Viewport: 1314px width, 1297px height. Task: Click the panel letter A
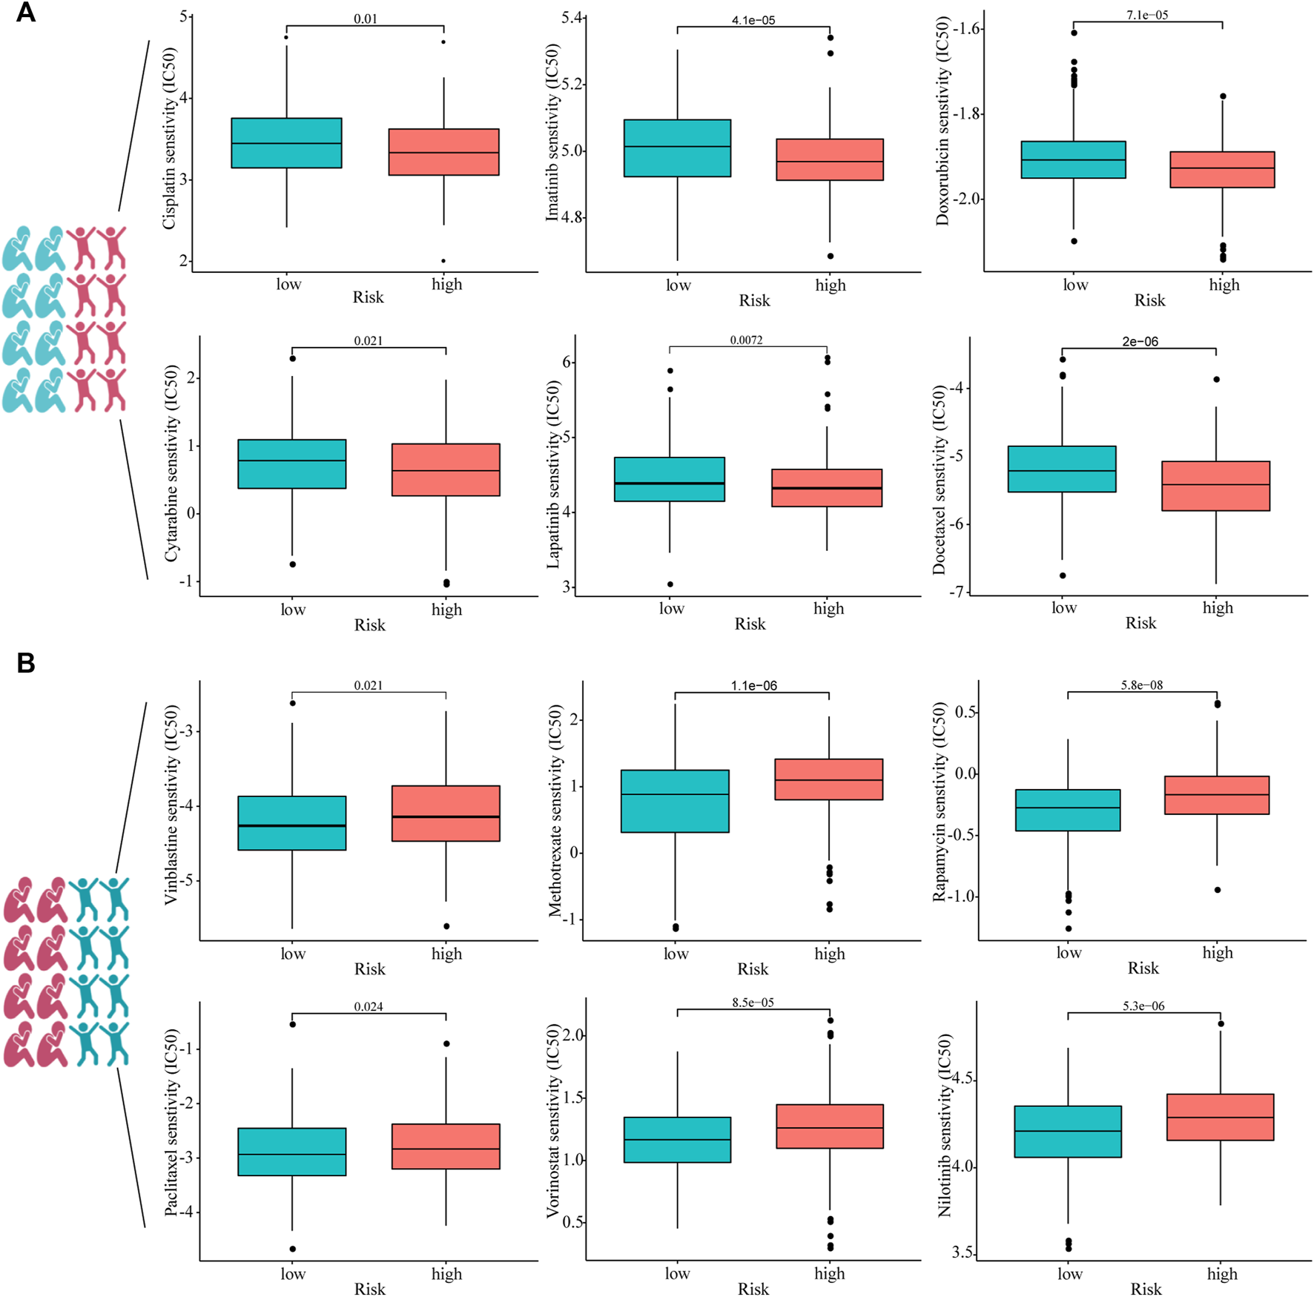[x=25, y=13]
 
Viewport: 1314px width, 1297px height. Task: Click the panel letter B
[x=25, y=662]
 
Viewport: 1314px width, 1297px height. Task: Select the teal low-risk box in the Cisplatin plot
[x=286, y=143]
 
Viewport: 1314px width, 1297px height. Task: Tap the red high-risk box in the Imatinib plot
[x=830, y=159]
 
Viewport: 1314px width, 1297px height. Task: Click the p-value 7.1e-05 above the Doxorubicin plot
[x=1147, y=15]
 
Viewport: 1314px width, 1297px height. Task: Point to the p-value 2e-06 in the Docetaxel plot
[x=1140, y=342]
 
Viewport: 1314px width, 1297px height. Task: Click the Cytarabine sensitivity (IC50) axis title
[x=171, y=463]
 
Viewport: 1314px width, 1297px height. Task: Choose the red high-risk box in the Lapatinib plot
[x=827, y=488]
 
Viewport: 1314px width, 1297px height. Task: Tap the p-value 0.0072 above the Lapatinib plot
[x=746, y=340]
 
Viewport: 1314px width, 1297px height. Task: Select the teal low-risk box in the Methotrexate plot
[x=675, y=801]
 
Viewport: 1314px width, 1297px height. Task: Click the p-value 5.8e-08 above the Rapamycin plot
[x=1142, y=685]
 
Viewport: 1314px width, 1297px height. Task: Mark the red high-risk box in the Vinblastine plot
[x=446, y=813]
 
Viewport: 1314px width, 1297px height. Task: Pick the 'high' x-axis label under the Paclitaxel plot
[x=446, y=1273]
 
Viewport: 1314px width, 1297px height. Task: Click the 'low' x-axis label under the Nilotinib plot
[x=1069, y=1273]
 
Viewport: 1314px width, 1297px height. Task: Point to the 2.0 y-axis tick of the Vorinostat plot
[x=573, y=1034]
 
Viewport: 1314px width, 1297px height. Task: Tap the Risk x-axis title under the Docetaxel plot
[x=1140, y=623]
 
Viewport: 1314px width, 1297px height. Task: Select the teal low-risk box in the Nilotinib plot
[x=1068, y=1132]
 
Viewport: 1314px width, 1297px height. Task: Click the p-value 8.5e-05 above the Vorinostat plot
[x=753, y=1003]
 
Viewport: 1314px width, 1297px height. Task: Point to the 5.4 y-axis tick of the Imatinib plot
[x=573, y=17]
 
